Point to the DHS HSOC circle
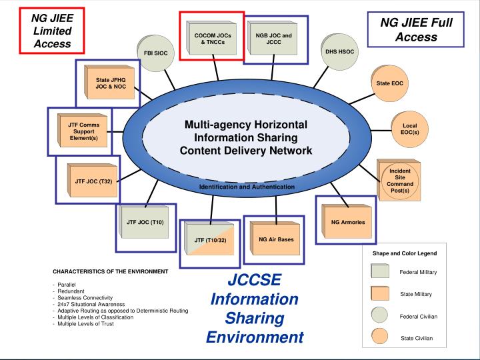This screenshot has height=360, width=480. pos(340,51)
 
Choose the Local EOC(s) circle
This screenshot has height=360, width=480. pos(409,128)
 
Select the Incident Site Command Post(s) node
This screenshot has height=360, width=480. pos(399,181)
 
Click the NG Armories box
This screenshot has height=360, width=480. pos(347,221)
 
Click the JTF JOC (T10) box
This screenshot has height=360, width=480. pos(144,222)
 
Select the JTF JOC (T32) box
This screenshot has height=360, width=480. pos(89,181)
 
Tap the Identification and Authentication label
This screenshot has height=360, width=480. pos(247,187)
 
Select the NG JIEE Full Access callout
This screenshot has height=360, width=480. pos(416,30)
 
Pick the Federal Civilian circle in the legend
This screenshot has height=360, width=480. pos(380,316)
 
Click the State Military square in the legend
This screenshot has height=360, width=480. pos(380,293)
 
